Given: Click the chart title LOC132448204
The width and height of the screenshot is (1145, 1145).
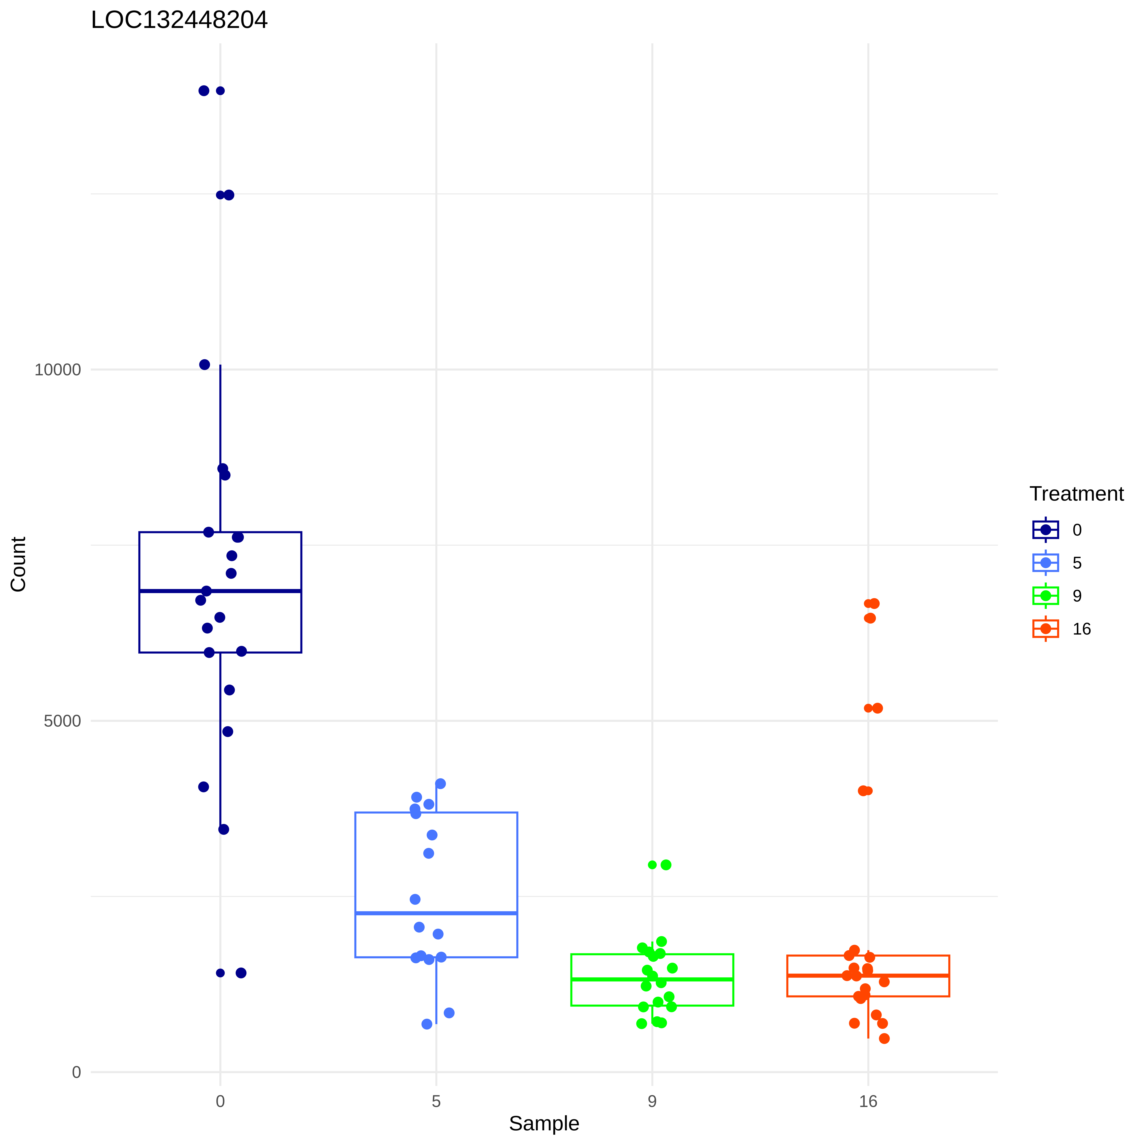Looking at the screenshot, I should tap(179, 20).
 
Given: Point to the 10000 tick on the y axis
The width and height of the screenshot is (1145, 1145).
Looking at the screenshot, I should tap(57, 370).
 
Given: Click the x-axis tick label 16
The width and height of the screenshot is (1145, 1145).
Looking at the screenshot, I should tap(868, 1101).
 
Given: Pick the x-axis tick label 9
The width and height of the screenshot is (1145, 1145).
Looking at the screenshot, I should tap(652, 1101).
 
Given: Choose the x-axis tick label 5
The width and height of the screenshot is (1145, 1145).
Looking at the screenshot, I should tap(436, 1101).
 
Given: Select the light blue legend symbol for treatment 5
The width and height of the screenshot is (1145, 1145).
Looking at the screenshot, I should tap(1045, 562).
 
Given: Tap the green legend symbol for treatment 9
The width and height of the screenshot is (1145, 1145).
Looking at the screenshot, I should tap(1045, 596).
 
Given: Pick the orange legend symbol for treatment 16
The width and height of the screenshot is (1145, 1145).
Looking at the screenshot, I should tap(1045, 628).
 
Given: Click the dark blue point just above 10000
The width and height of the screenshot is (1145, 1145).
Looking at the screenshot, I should tap(204, 365).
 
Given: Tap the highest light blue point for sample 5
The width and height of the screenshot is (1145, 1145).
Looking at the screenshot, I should tap(440, 783).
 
